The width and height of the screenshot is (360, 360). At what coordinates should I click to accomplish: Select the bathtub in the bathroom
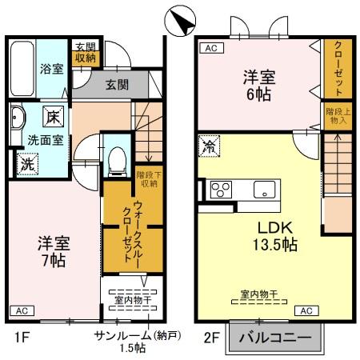pyautogui.click(x=23, y=67)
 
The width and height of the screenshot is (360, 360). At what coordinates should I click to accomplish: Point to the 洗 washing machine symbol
pyautogui.click(x=27, y=165)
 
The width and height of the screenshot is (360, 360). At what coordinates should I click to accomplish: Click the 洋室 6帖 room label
pyautogui.click(x=260, y=86)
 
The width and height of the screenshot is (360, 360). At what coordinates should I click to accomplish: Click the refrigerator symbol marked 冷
pyautogui.click(x=209, y=147)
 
